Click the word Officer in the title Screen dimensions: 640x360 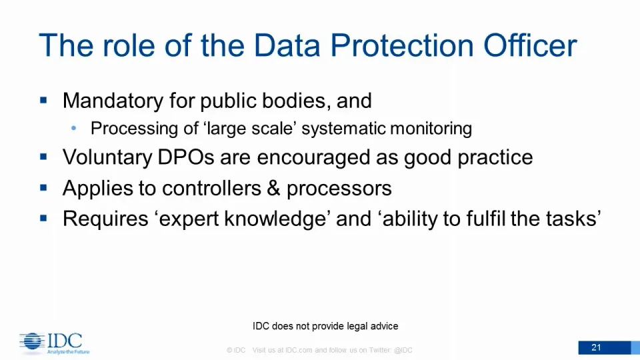click(530, 45)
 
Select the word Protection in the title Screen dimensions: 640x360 click(401, 45)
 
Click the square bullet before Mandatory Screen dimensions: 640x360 click(44, 100)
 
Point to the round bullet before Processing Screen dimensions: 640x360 click(73, 128)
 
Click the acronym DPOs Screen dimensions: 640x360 click(186, 157)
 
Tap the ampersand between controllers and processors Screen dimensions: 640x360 click(273, 188)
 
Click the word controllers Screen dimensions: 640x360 click(211, 188)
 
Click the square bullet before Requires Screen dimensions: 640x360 click(44, 218)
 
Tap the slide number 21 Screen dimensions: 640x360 click(596, 347)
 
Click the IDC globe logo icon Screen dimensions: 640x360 click(32, 341)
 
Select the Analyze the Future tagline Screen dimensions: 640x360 click(68, 351)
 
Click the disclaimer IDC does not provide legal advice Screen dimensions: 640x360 click(325, 326)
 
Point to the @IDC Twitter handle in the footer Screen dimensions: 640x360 click(403, 350)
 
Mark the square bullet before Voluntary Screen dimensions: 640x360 click(44, 156)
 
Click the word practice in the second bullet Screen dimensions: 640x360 click(495, 159)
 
